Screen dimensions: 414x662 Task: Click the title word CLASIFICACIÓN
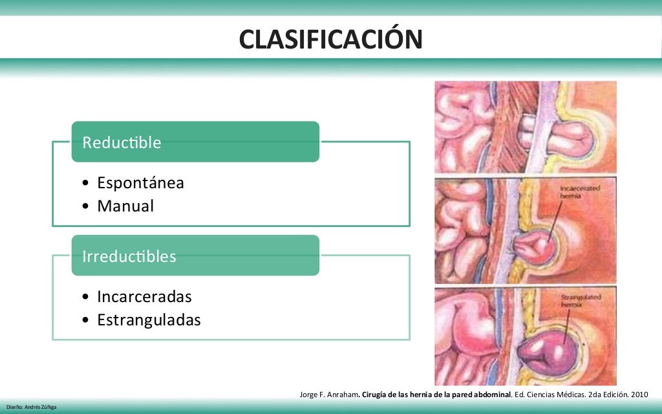click(x=330, y=39)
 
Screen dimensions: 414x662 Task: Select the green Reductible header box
click(x=195, y=142)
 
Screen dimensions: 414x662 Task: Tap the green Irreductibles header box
click(x=195, y=256)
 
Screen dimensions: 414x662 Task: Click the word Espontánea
click(x=140, y=183)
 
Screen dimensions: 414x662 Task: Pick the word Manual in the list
click(x=125, y=206)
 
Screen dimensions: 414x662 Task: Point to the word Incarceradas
click(x=144, y=297)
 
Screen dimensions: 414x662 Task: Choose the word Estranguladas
click(x=149, y=320)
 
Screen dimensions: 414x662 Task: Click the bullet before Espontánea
click(x=87, y=184)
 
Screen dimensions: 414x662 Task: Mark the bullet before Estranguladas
click(x=87, y=321)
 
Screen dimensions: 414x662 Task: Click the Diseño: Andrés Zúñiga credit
click(x=32, y=407)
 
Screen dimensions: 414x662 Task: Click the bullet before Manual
click(x=87, y=207)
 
